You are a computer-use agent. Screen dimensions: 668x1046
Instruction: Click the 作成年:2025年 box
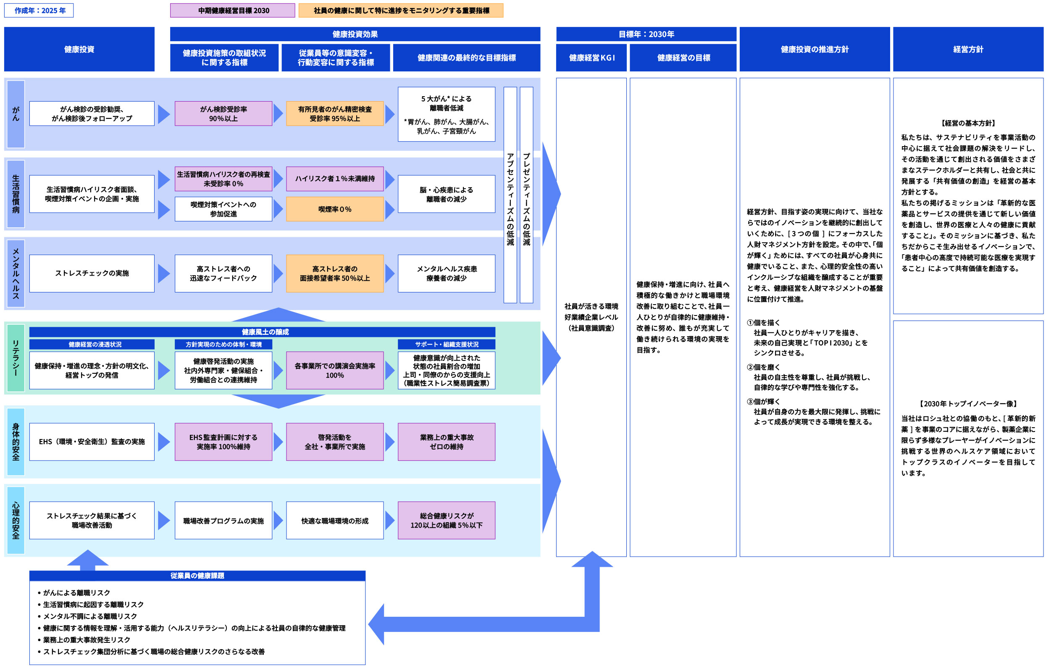pyautogui.click(x=39, y=11)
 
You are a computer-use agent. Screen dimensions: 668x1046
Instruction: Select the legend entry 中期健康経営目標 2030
pyautogui.click(x=232, y=11)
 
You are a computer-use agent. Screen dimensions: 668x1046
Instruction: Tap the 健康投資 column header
pyautogui.click(x=79, y=49)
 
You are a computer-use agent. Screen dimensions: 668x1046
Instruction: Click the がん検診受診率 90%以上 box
pyautogui.click(x=223, y=114)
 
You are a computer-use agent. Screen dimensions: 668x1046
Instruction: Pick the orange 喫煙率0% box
pyautogui.click(x=334, y=209)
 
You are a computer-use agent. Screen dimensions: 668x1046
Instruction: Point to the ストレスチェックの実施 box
pyautogui.click(x=92, y=273)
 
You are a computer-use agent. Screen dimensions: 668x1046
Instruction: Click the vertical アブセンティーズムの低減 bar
pyautogui.click(x=510, y=195)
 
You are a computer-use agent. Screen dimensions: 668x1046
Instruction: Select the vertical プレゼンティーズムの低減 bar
pyautogui.click(x=526, y=195)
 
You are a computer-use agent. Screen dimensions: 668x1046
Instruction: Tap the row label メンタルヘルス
pyautogui.click(x=16, y=273)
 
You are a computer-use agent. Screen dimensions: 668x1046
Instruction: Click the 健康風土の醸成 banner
pyautogui.click(x=265, y=332)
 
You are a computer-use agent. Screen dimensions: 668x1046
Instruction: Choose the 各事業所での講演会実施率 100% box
pyautogui.click(x=334, y=371)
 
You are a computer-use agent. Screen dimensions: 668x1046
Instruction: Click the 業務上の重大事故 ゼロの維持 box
pyautogui.click(x=446, y=442)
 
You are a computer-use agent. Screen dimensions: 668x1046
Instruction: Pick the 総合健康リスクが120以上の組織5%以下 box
pyautogui.click(x=446, y=521)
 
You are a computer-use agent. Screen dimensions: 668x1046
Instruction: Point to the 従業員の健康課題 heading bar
pyautogui.click(x=197, y=576)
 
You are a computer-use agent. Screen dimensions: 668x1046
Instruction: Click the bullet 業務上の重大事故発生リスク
pyautogui.click(x=87, y=640)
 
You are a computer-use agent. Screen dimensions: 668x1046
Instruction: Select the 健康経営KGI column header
pyautogui.click(x=591, y=58)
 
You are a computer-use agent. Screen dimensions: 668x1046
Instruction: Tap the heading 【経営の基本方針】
pyautogui.click(x=968, y=124)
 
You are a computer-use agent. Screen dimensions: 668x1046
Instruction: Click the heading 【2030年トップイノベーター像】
pyautogui.click(x=968, y=404)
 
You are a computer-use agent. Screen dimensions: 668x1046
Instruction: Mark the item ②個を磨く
pyautogui.click(x=764, y=368)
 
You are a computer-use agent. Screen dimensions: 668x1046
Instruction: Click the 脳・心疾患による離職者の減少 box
pyautogui.click(x=446, y=194)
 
